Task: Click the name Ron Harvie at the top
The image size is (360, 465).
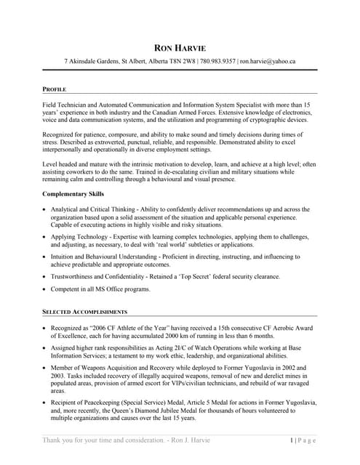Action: [180, 49]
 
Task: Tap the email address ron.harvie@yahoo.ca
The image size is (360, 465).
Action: [268, 62]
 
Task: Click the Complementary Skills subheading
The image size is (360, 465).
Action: [73, 194]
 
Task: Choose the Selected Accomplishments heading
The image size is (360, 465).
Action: [85, 312]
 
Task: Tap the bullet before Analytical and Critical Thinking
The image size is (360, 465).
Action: [45, 209]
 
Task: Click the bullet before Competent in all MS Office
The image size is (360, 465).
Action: [45, 289]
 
